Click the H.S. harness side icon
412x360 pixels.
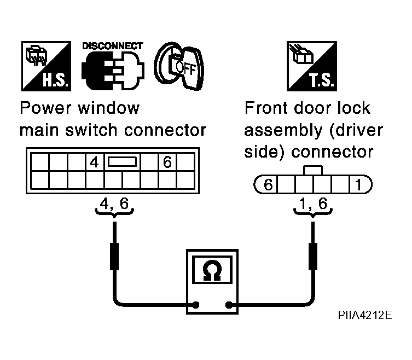(47, 66)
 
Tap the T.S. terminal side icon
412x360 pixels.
(312, 66)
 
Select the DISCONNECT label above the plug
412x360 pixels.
(113, 46)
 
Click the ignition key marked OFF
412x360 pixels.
(179, 66)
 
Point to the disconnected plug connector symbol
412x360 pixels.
(113, 71)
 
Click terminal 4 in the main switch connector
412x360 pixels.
(94, 162)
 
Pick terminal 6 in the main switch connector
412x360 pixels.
(167, 162)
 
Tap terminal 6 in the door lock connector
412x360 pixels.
(268, 184)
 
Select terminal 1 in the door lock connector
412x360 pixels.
(358, 184)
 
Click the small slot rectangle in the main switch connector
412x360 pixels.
(123, 162)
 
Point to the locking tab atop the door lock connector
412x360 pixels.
(313, 170)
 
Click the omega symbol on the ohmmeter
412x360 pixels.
(212, 271)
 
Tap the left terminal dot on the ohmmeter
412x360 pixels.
(195, 305)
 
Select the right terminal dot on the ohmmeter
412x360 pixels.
(229, 305)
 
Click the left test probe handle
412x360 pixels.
(114, 256)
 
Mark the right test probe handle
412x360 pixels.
(313, 256)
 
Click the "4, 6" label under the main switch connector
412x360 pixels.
(114, 204)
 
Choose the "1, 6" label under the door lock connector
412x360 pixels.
(313, 204)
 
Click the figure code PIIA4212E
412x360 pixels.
(365, 315)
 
